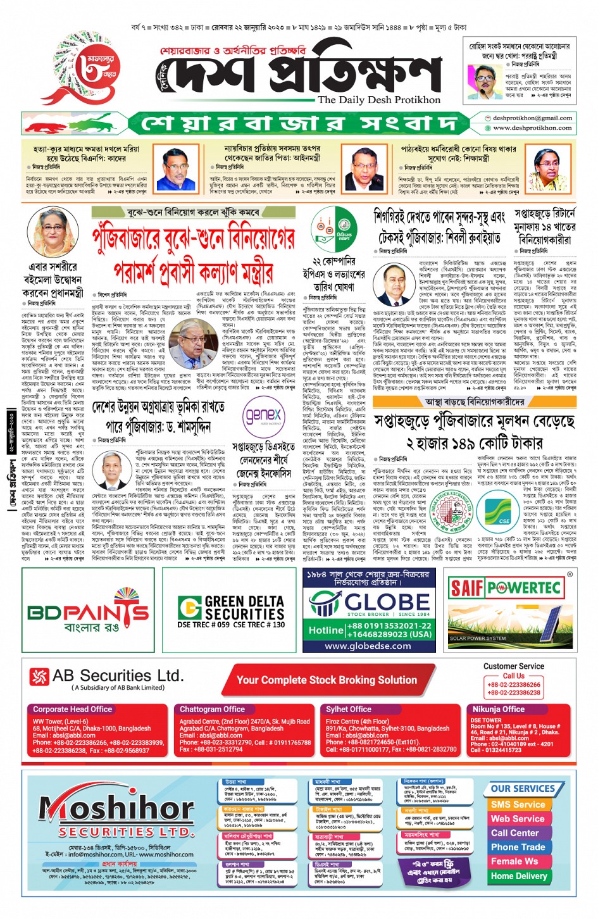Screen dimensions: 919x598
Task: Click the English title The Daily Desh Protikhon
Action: pyautogui.click(x=378, y=100)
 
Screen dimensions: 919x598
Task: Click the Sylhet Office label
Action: pyautogui.click(x=348, y=710)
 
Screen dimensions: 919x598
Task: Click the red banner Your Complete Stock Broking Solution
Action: pyautogui.click(x=327, y=680)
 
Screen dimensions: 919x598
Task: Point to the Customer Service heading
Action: pyautogui.click(x=513, y=666)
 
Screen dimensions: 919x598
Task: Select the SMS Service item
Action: pyautogui.click(x=518, y=804)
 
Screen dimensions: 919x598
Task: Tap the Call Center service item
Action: pyautogui.click(x=515, y=833)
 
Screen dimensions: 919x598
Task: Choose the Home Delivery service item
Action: pyautogui.click(x=519, y=876)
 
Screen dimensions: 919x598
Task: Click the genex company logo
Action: pyautogui.click(x=263, y=416)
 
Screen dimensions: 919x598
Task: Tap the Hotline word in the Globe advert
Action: pyautogui.click(x=326, y=630)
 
